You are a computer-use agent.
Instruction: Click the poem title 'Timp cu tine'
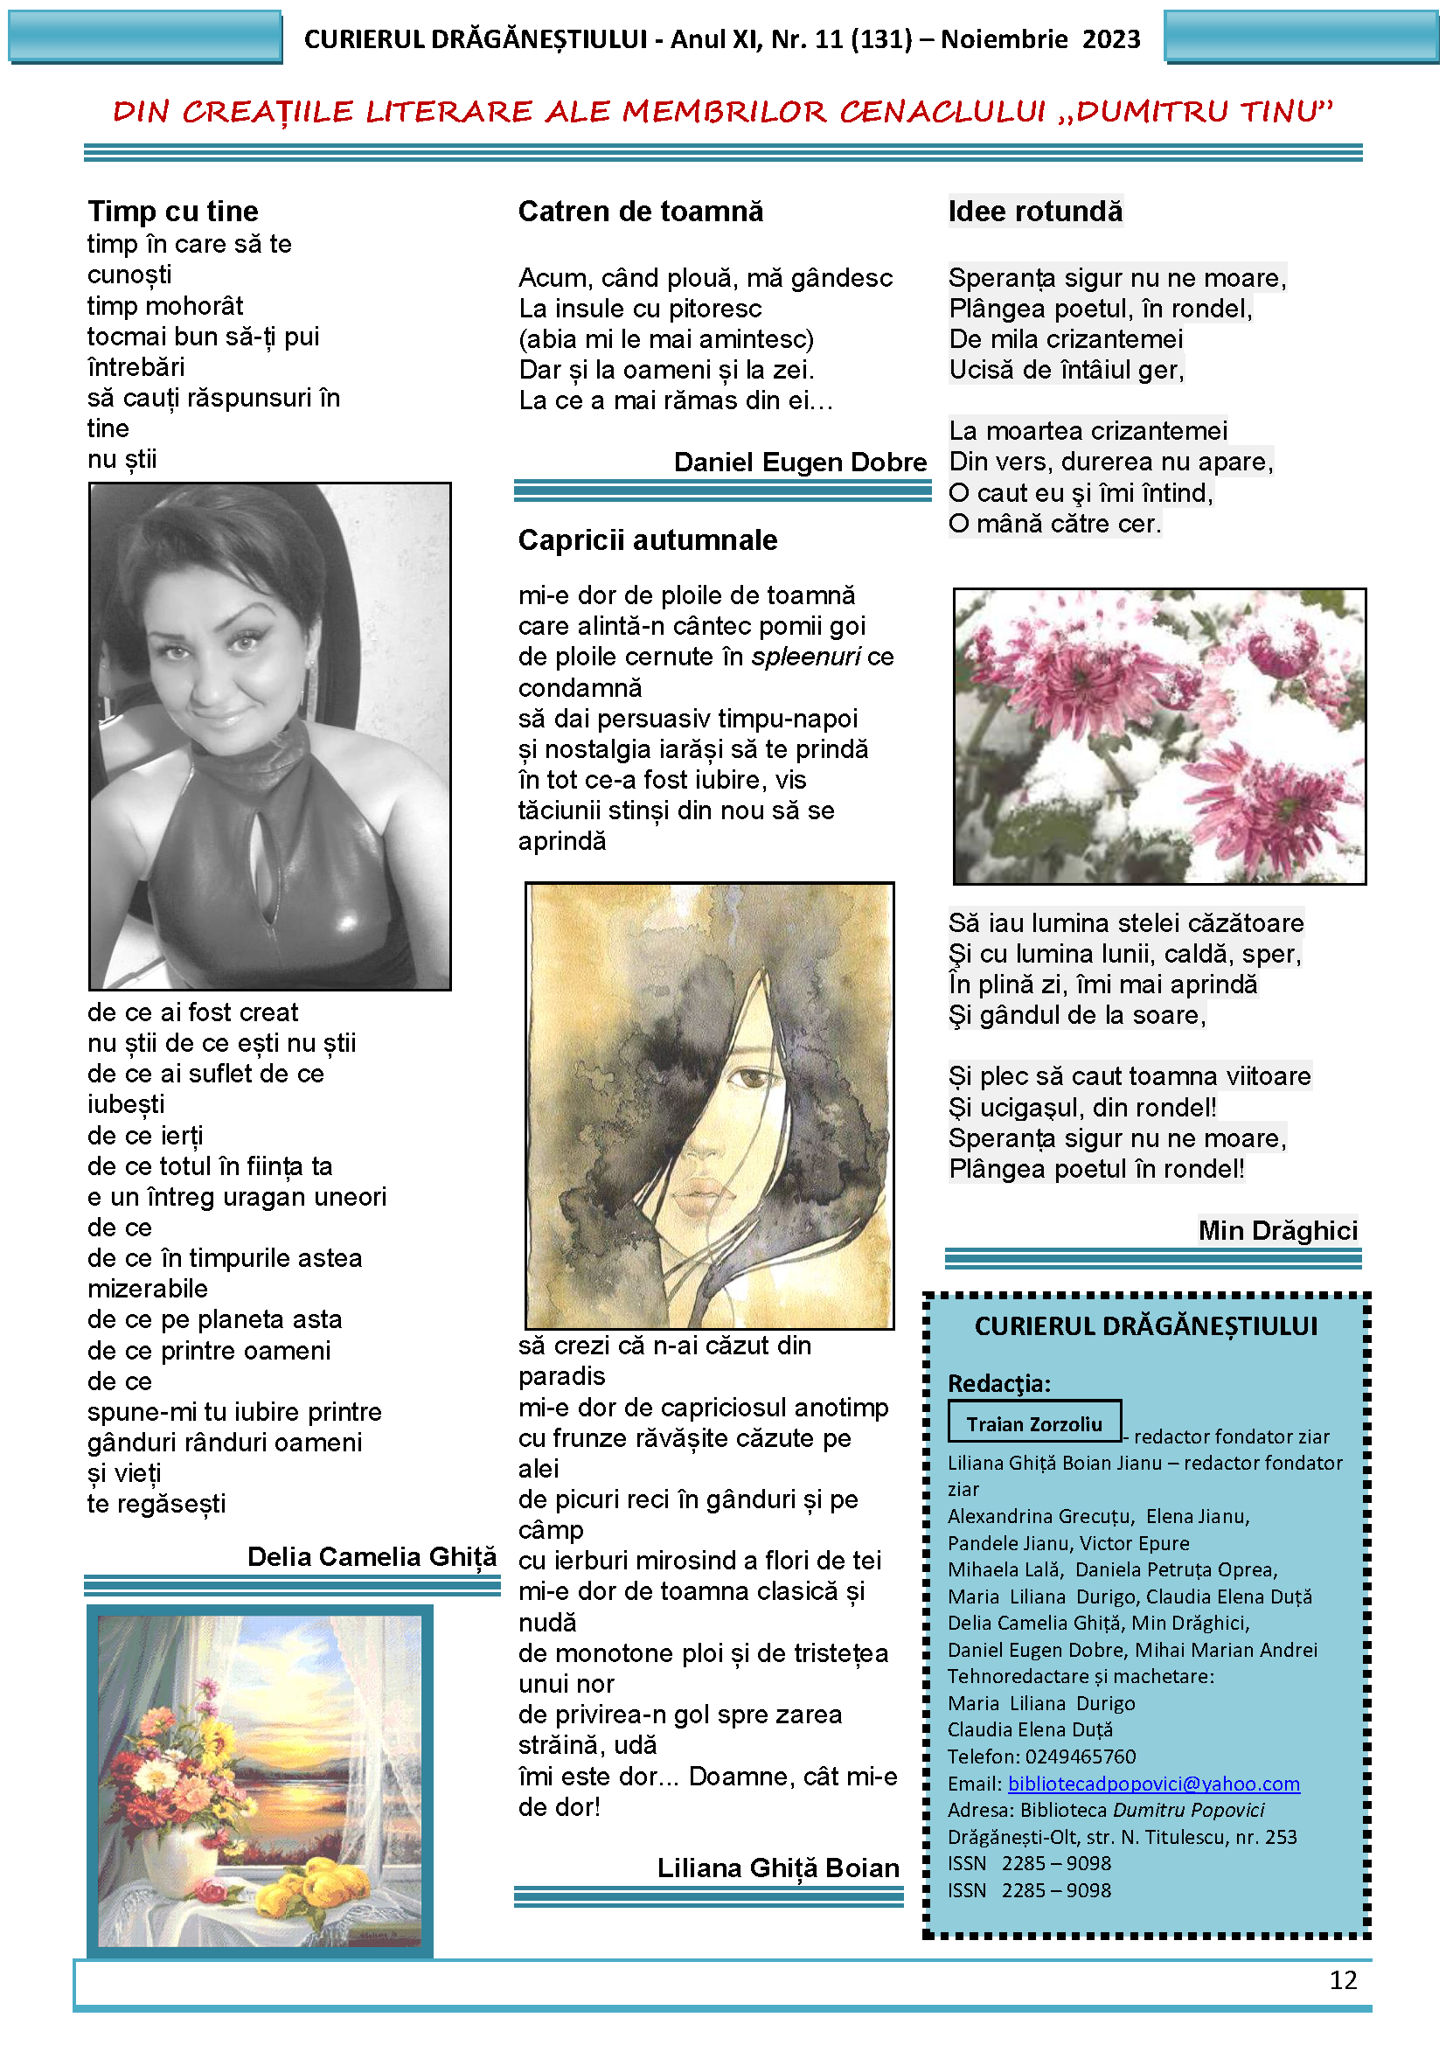click(173, 211)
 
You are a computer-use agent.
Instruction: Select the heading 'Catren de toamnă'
click(640, 212)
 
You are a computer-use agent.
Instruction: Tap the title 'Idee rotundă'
click(1034, 212)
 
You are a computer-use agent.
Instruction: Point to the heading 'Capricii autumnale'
click(647, 539)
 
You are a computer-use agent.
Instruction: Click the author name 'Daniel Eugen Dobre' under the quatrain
click(800, 463)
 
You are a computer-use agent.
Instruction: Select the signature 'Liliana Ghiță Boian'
click(777, 1868)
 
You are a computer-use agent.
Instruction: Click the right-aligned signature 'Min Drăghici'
click(1276, 1230)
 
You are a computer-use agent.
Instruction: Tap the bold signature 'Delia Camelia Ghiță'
click(372, 1556)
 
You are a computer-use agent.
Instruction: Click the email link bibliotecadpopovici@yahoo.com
click(1153, 1783)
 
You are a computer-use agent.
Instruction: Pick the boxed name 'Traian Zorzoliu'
click(1033, 1424)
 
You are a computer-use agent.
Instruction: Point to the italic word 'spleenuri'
click(805, 657)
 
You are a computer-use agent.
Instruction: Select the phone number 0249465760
click(1080, 1756)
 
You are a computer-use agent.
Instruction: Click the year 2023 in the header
click(1110, 39)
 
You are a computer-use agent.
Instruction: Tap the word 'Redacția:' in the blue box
click(999, 1383)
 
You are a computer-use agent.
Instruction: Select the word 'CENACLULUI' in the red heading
click(942, 111)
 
